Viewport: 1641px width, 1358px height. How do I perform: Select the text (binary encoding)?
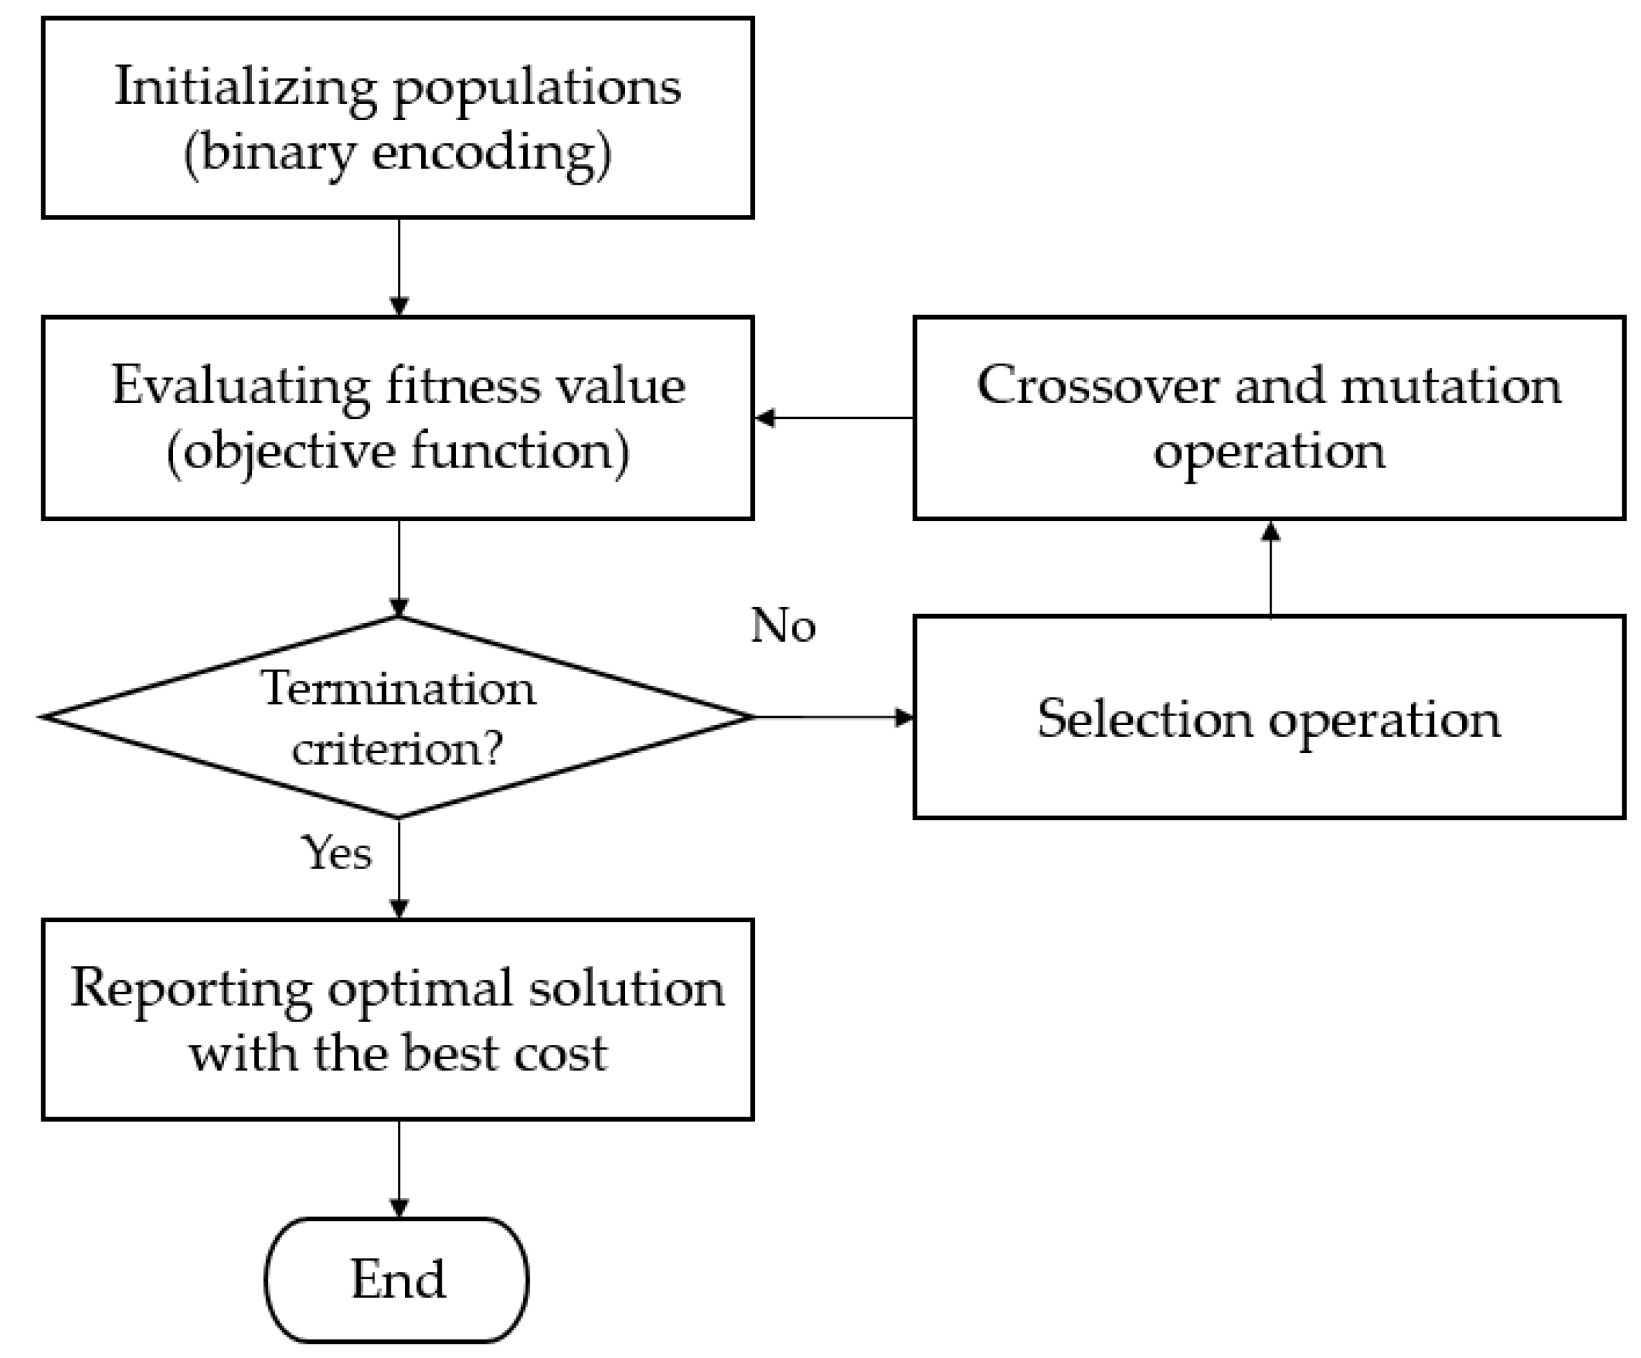click(x=397, y=152)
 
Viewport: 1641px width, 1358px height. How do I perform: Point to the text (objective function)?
click(x=397, y=451)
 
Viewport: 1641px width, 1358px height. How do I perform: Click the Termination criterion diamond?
click(x=398, y=717)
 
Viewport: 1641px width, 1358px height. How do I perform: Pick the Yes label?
click(x=336, y=852)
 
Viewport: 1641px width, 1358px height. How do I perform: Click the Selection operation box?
click(x=1268, y=717)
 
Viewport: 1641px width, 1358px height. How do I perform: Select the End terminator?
click(x=397, y=1279)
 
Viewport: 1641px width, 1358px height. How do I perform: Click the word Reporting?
click(x=191, y=989)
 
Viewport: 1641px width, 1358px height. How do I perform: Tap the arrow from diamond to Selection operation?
click(x=832, y=717)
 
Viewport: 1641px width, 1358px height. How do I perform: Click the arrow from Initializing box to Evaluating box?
click(x=399, y=265)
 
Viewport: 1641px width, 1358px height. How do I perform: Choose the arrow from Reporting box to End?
click(x=399, y=1168)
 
